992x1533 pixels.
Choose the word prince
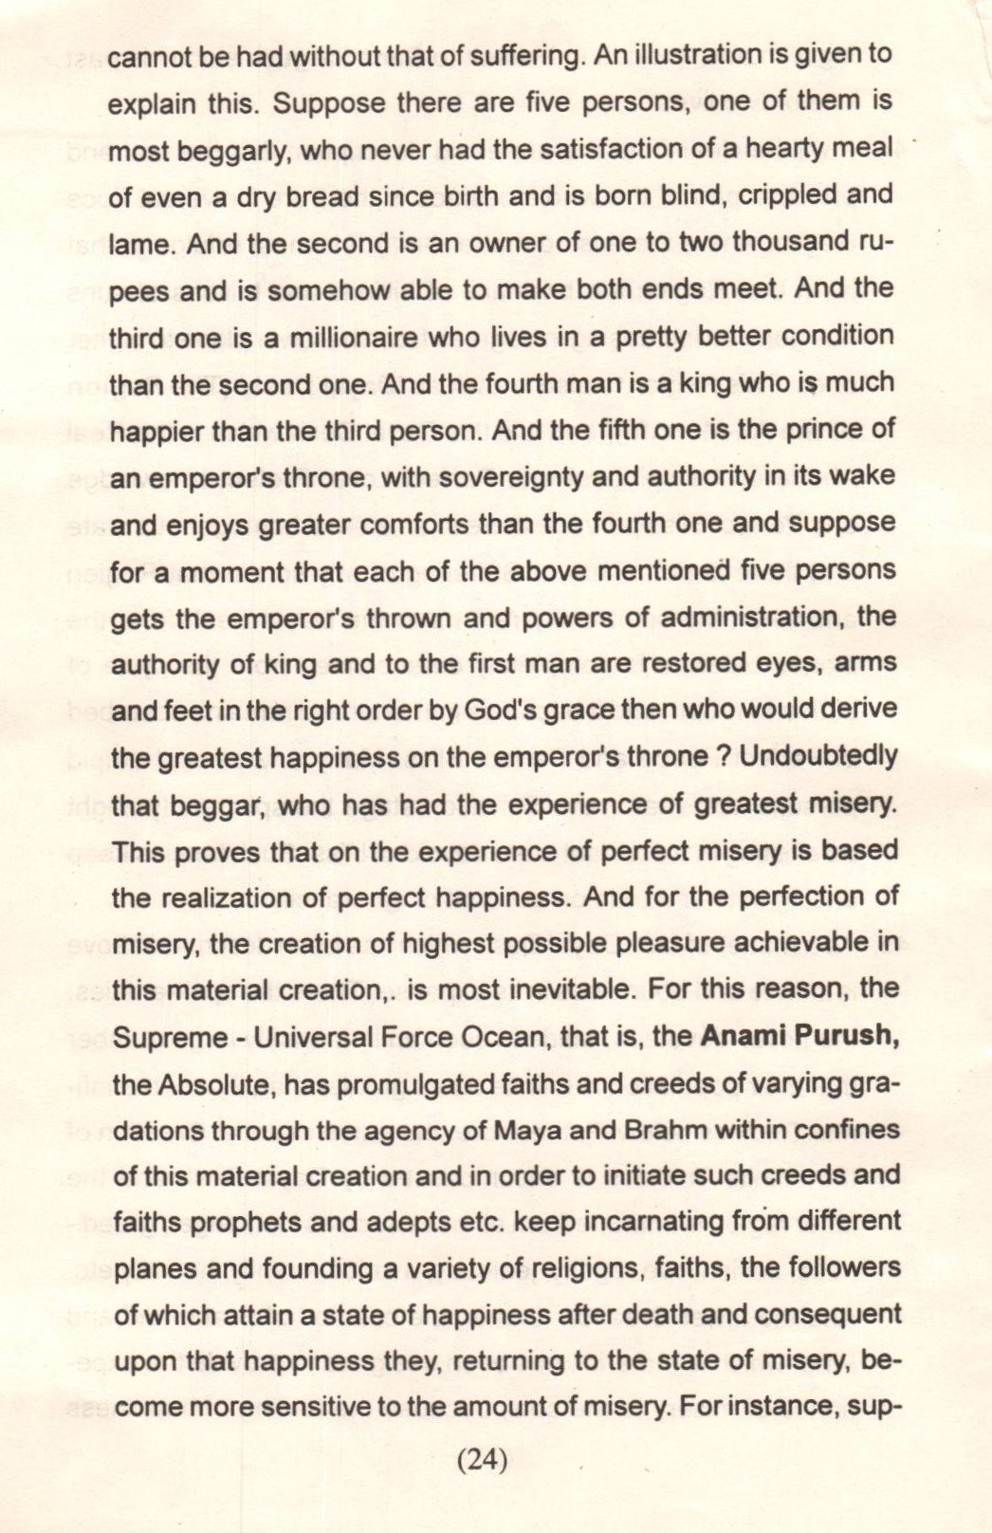pyautogui.click(x=809, y=429)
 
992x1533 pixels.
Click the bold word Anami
pyautogui.click(x=742, y=1036)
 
